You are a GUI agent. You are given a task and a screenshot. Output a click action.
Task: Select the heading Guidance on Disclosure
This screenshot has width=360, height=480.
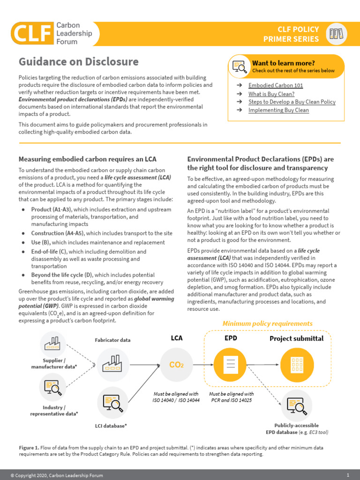tap(78, 62)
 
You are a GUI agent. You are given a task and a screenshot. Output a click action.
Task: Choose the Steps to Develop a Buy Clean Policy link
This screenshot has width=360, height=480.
tap(292, 102)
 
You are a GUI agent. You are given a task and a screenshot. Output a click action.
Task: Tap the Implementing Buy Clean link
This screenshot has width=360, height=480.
tap(278, 110)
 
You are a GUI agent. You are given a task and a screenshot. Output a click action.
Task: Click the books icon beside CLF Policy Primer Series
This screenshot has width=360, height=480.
tap(337, 34)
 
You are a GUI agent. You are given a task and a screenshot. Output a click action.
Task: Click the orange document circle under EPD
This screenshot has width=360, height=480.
tap(230, 364)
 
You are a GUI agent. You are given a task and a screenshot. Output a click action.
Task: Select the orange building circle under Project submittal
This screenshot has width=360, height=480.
tap(296, 364)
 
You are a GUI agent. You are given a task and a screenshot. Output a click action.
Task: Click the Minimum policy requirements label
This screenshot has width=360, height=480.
tap(267, 323)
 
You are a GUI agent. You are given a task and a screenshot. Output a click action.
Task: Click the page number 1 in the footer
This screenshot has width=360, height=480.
tap(348, 475)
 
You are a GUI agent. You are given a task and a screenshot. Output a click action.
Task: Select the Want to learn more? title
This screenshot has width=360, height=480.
tap(283, 63)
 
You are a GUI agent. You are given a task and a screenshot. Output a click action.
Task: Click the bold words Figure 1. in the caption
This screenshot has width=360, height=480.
tap(29, 448)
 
